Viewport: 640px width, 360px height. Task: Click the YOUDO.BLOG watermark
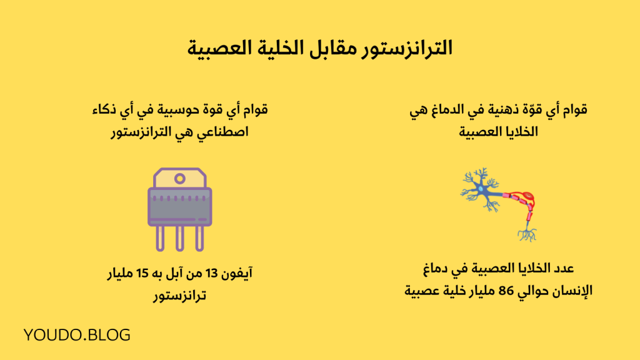(x=77, y=335)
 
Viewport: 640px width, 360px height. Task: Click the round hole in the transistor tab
(x=180, y=179)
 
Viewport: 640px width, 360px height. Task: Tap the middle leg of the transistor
(x=180, y=237)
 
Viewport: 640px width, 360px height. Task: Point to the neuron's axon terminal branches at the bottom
(x=527, y=235)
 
